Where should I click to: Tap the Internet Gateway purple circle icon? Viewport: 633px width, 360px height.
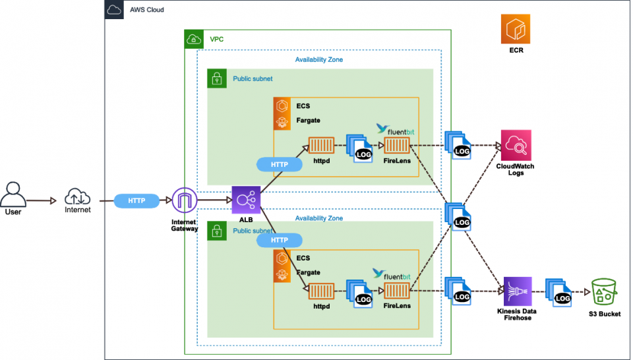185,199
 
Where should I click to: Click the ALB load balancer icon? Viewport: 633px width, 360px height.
246,199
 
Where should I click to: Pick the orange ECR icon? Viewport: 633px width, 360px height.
516,30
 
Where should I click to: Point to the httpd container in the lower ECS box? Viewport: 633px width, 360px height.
321,290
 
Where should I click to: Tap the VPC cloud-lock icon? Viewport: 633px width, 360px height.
194,40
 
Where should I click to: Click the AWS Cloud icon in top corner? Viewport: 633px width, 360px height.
114,10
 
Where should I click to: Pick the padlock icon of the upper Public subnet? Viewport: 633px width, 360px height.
216,78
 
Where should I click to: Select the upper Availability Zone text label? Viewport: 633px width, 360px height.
318,59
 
